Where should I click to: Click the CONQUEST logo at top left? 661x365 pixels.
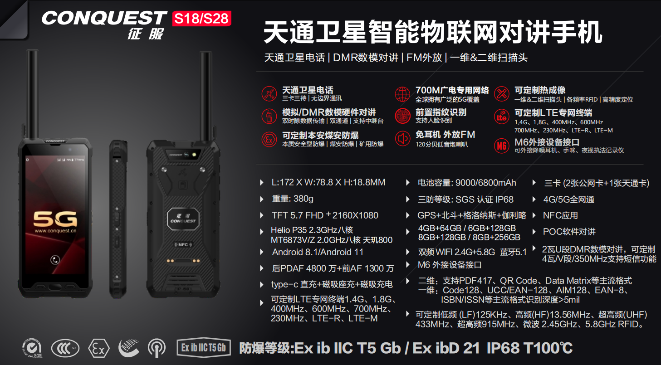point(104,18)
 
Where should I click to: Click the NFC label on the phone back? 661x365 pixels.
point(183,245)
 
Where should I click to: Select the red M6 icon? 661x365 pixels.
point(501,146)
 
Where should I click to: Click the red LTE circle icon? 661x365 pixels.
point(501,117)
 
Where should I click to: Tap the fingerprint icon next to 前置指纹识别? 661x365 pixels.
point(402,116)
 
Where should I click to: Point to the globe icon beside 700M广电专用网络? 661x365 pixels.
point(402,94)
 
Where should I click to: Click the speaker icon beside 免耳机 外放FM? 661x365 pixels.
point(402,138)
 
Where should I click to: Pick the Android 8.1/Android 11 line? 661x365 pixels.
point(318,252)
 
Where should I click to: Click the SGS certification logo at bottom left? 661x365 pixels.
point(32,348)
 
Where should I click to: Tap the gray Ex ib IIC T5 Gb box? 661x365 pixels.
point(203,348)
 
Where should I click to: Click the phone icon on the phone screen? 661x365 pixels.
point(55,260)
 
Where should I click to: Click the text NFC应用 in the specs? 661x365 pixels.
point(560,215)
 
